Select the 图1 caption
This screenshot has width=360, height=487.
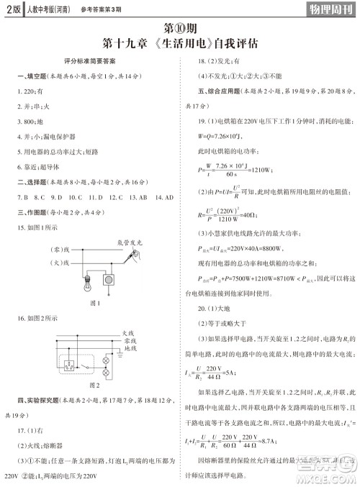[94, 303]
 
